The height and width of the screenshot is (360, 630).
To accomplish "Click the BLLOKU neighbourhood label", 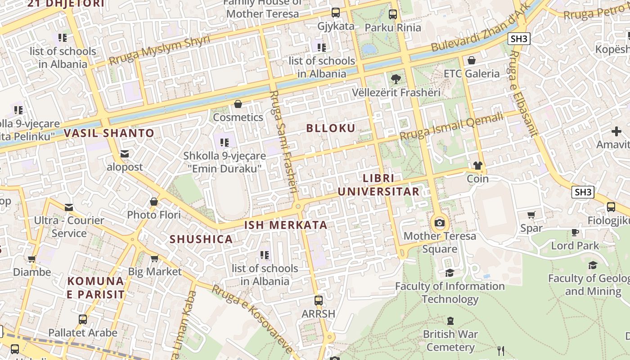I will tap(331, 128).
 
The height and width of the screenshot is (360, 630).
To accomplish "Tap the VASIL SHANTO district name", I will tap(109, 133).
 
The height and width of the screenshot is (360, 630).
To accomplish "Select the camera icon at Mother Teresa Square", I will tap(440, 223).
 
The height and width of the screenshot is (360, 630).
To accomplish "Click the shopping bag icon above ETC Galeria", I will tap(472, 60).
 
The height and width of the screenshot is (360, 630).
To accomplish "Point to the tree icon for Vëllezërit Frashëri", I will tap(396, 79).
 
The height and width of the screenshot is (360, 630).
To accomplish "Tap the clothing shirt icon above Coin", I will tap(477, 166).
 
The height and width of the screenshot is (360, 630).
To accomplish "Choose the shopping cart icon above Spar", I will tap(531, 215).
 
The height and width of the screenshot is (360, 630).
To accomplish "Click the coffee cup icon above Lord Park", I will tap(575, 232).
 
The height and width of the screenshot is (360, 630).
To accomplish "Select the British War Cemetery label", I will tap(450, 341).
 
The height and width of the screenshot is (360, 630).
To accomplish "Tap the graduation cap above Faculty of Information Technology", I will tap(450, 273).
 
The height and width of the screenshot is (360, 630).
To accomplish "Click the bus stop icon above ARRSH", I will tap(319, 300).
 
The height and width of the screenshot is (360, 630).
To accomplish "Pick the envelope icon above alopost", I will tap(125, 154).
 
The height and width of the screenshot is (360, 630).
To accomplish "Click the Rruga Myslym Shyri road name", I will tap(159, 50).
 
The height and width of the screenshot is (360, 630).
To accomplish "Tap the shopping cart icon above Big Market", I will tap(155, 258).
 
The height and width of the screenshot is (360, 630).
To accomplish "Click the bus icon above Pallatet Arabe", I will tap(83, 319).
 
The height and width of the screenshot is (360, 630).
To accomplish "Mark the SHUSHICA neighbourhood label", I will tap(201, 239).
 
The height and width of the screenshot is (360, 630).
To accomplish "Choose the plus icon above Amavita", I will tap(616, 131).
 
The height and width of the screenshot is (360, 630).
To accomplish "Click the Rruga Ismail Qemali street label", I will tap(451, 126).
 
